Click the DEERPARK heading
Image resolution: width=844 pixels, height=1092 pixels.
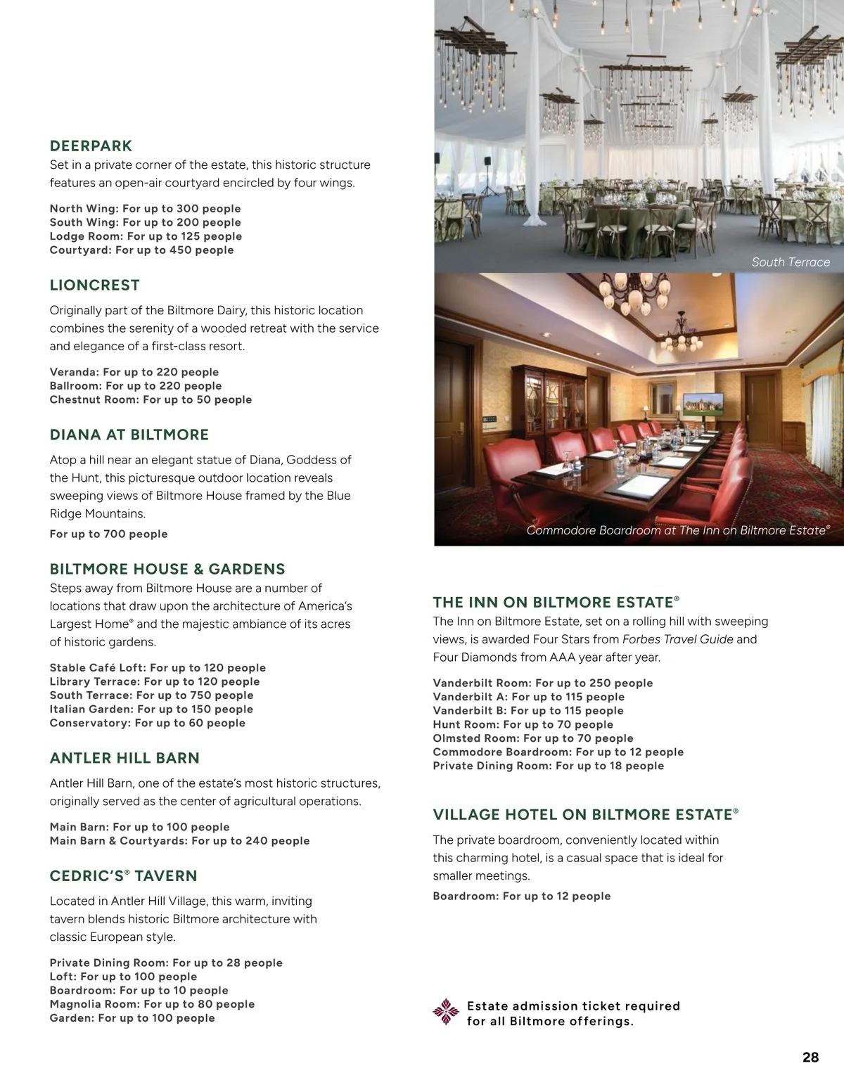pyautogui.click(x=91, y=146)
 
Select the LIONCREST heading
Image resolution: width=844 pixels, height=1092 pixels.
pyautogui.click(x=94, y=285)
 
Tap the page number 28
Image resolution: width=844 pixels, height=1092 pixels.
pyautogui.click(x=810, y=1058)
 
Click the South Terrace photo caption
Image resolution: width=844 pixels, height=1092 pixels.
pyautogui.click(x=790, y=262)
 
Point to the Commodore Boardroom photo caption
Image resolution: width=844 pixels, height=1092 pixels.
pyautogui.click(x=678, y=530)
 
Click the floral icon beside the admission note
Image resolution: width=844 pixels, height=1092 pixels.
pyautogui.click(x=445, y=1012)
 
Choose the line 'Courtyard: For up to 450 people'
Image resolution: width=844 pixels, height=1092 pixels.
pyautogui.click(x=141, y=250)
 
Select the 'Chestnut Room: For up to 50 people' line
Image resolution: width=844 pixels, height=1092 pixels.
pyautogui.click(x=151, y=400)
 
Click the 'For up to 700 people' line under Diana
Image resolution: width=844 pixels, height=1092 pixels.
pyautogui.click(x=108, y=534)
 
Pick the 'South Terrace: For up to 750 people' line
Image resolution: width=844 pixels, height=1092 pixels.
pyautogui.click(x=151, y=695)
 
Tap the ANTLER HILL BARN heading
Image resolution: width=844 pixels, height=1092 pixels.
pyautogui.click(x=124, y=759)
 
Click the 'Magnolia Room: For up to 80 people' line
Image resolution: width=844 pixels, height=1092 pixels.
pyautogui.click(x=152, y=1005)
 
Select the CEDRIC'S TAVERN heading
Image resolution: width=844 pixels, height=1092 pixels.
pyautogui.click(x=123, y=876)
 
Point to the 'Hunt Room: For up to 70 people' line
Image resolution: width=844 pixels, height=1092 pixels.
pyautogui.click(x=523, y=725)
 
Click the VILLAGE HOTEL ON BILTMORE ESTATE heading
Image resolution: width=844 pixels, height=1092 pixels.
pyautogui.click(x=585, y=815)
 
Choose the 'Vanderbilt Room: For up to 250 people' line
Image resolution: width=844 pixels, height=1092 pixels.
pyautogui.click(x=542, y=683)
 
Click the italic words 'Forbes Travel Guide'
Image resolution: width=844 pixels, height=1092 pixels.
pyautogui.click(x=677, y=640)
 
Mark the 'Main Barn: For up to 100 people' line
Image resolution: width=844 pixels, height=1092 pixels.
pyautogui.click(x=139, y=828)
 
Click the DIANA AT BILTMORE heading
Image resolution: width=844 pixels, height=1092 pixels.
pyautogui.click(x=129, y=435)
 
